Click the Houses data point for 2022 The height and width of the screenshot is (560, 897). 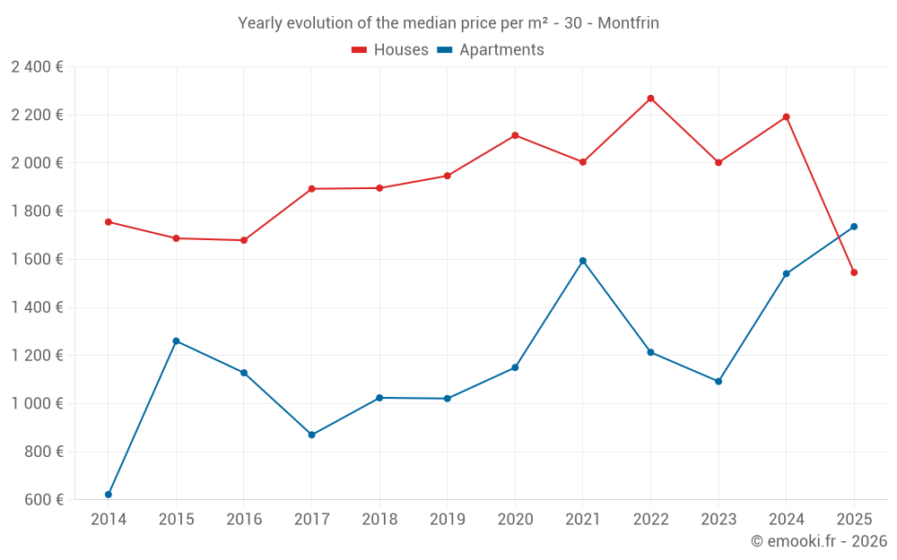point(650,99)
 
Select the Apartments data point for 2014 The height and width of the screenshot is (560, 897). point(109,495)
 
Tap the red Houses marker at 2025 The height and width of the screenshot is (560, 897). point(854,272)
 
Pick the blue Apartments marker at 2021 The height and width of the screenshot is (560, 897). point(583,261)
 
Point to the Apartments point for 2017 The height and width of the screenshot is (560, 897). point(311,435)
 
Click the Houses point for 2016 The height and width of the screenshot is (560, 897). point(244,240)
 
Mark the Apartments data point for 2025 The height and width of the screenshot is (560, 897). point(854,227)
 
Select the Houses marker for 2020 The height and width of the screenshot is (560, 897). point(515,135)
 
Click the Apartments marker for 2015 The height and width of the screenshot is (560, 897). point(176,341)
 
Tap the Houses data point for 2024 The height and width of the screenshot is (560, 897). point(786,117)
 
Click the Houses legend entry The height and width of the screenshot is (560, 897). point(390,50)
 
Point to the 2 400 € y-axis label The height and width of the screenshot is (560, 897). point(37,67)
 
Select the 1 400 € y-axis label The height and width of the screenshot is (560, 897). point(37,307)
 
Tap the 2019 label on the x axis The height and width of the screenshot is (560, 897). point(447,520)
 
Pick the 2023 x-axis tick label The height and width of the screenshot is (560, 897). point(718,520)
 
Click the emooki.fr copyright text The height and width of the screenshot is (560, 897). point(818,541)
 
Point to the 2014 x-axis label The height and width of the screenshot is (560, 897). point(109,520)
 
